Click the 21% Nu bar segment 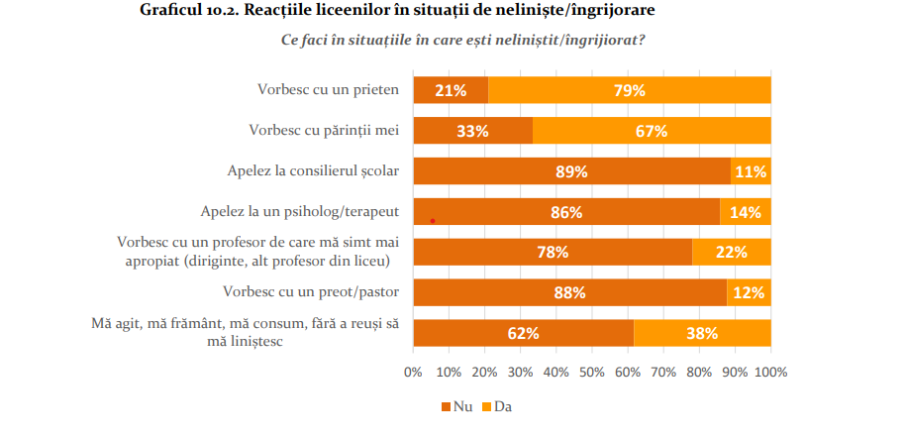click(451, 90)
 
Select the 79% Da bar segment click(629, 90)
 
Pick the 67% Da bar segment click(652, 131)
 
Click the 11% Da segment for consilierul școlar click(751, 171)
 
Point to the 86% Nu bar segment click(566, 212)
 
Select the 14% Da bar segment click(746, 212)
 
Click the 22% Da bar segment click(731, 253)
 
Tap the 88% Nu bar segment click(570, 293)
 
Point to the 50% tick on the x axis click(592, 373)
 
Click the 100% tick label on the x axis click(770, 373)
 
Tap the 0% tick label click(413, 373)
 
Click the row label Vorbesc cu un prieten click(327, 89)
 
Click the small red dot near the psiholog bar click(433, 221)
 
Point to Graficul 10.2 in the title click(182, 12)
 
